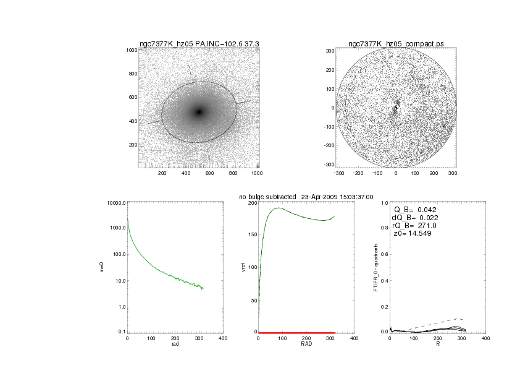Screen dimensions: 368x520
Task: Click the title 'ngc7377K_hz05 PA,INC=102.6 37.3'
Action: (199, 44)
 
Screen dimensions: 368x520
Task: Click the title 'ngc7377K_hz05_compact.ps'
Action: (396, 44)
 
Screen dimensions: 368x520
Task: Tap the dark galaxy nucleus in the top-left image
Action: (199, 112)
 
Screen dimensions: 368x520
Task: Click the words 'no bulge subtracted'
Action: (267, 197)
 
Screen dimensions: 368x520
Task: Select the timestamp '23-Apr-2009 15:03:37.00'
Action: (337, 197)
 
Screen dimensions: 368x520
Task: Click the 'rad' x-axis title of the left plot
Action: (175, 345)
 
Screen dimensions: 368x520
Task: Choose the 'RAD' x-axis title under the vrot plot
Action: (306, 345)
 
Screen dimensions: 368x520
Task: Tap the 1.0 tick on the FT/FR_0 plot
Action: (384, 203)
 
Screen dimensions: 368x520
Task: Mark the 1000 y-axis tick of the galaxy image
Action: (130, 50)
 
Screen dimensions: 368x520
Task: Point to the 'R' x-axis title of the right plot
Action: (437, 345)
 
